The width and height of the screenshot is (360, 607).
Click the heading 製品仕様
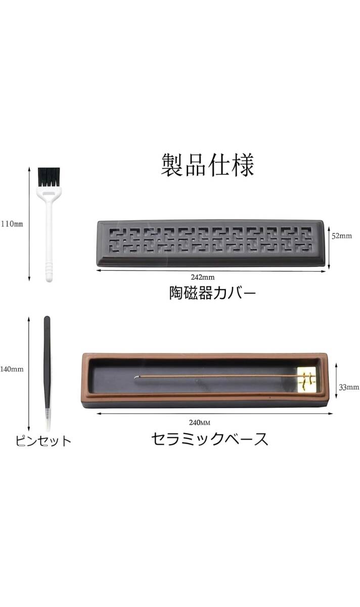click(207, 165)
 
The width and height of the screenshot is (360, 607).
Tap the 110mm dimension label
click(12, 224)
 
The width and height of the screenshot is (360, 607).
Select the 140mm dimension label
click(12, 369)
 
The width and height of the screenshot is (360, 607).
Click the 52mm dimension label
click(342, 236)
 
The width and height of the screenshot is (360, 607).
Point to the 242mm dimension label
click(203, 277)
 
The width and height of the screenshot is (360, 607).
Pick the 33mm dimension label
click(349, 387)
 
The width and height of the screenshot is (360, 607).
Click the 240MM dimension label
click(200, 422)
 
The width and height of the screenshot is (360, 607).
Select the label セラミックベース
click(210, 439)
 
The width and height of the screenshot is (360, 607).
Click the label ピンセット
click(43, 441)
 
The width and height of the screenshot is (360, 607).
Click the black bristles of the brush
click(49, 177)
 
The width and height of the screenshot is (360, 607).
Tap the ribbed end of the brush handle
click(49, 272)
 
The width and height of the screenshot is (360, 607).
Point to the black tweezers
click(47, 363)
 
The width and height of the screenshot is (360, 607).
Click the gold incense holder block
click(306, 379)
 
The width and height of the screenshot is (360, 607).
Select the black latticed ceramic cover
click(211, 243)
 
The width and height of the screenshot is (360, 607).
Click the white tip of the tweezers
click(48, 420)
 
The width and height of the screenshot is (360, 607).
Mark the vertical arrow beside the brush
click(29, 224)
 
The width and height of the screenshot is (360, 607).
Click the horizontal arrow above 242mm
click(211, 271)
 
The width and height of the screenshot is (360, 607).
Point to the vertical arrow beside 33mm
click(336, 381)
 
